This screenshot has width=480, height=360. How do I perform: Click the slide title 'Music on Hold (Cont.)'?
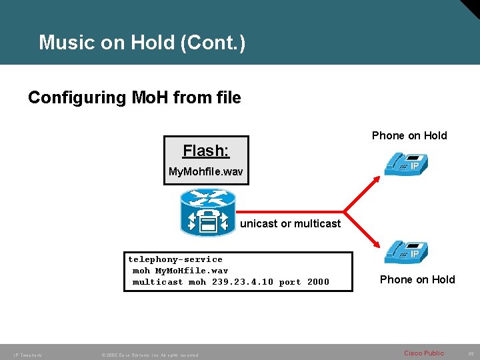coord(142,43)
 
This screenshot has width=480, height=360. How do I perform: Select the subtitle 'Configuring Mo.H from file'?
coord(134,98)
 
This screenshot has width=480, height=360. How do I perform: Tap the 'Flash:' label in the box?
coord(206,151)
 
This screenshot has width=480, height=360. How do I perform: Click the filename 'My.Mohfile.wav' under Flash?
coord(206,172)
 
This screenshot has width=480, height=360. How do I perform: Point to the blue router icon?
coord(208,213)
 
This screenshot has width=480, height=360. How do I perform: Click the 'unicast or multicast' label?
coord(290,223)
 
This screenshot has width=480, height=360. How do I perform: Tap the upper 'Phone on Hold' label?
coord(409,135)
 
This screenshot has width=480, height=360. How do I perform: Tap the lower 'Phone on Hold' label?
coord(417,279)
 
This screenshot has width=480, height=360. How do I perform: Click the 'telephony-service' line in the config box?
coord(175,259)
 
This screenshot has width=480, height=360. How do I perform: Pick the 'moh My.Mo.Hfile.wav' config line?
coord(180,271)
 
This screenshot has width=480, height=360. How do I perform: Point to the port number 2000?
coord(318,282)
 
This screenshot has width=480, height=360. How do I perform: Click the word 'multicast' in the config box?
coord(158,282)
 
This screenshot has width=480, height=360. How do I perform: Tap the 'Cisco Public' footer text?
coord(424,353)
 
